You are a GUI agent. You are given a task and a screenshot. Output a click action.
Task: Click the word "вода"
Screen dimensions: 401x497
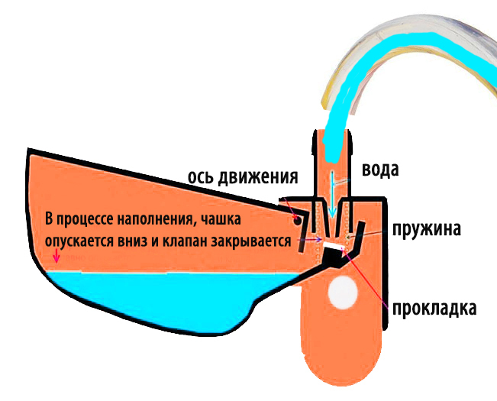(x=379, y=170)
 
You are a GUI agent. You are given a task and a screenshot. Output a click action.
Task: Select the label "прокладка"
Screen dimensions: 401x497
(x=434, y=309)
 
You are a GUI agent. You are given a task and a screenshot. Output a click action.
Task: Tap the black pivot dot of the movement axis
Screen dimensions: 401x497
(x=295, y=219)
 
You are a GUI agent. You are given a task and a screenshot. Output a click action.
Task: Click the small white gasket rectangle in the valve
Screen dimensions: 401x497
(x=332, y=247)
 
